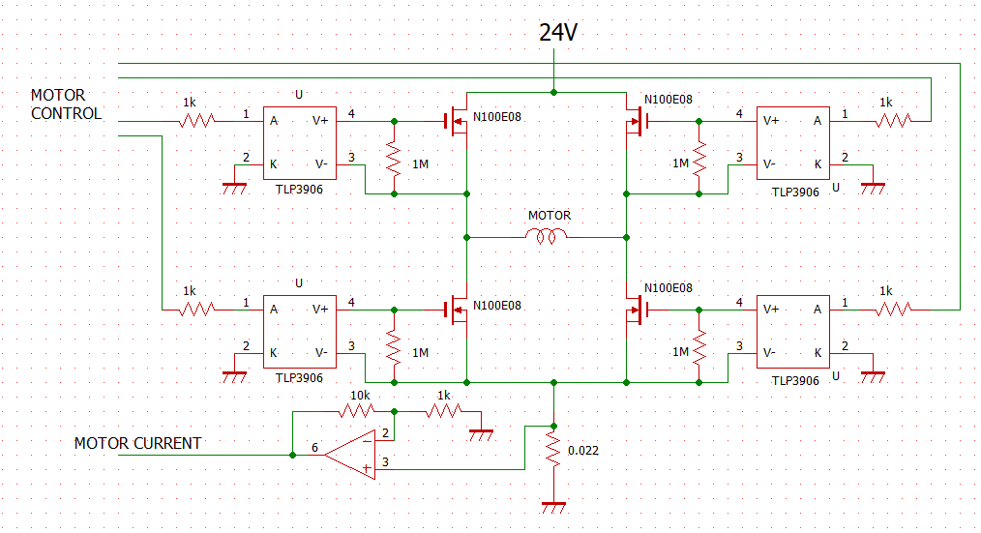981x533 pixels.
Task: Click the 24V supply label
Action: click(x=558, y=32)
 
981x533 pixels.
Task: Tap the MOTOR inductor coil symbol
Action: click(x=547, y=236)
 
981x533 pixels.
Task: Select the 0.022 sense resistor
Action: click(x=553, y=451)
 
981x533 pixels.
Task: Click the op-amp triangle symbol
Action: click(x=350, y=455)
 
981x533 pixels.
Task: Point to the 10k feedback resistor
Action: click(x=357, y=411)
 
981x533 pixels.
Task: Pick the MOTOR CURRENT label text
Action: click(x=137, y=444)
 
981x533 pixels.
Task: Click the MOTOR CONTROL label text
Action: click(x=66, y=104)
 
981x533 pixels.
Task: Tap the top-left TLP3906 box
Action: click(x=299, y=143)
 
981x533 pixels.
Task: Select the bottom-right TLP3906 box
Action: click(x=793, y=332)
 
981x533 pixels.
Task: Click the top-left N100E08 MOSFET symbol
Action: click(x=457, y=121)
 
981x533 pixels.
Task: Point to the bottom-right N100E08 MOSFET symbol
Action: click(x=637, y=310)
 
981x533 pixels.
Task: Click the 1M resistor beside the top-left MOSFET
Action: click(x=394, y=159)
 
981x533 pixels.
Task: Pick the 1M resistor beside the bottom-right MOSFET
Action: click(x=699, y=346)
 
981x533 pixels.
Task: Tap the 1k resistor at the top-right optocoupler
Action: click(x=893, y=120)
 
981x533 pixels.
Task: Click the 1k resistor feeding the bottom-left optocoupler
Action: click(x=197, y=309)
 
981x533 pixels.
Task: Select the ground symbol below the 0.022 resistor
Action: click(x=553, y=507)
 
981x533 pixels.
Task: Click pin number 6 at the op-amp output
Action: click(x=314, y=447)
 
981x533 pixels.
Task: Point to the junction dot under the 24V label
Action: click(x=553, y=92)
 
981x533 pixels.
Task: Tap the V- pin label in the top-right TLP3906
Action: click(x=769, y=163)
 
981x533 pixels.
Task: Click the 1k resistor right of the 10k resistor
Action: click(x=443, y=411)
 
